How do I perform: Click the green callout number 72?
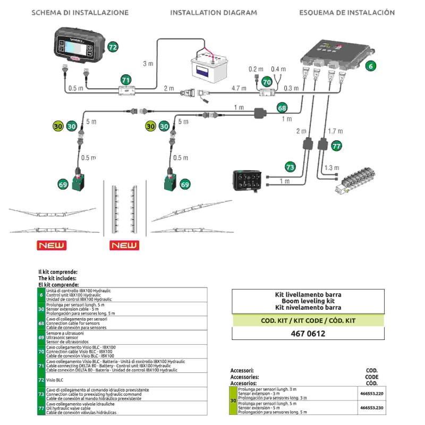(x=113, y=47)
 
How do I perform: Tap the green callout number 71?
(x=126, y=80)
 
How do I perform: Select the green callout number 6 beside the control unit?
(x=371, y=66)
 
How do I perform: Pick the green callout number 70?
(x=267, y=82)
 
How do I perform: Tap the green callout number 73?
(x=290, y=167)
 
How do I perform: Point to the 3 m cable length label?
(x=148, y=64)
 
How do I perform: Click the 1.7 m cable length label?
(x=335, y=131)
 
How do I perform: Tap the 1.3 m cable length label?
(x=331, y=168)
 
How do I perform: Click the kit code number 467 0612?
(x=308, y=334)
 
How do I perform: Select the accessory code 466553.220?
(x=371, y=394)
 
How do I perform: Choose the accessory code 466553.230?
(x=371, y=408)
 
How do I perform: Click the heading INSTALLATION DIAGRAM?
(x=213, y=12)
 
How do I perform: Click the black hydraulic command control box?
(x=248, y=180)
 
